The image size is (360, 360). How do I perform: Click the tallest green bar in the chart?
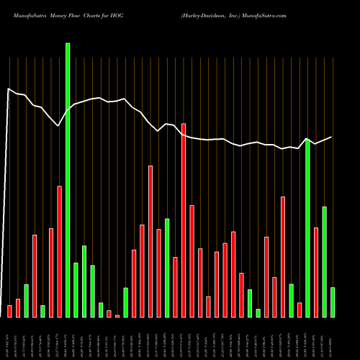(x=68, y=180)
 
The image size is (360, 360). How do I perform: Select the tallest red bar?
(x=184, y=220)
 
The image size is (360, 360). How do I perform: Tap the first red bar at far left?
(x=9, y=311)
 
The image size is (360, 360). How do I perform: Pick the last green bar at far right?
(x=333, y=302)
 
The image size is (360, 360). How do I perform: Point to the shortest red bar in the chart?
(x=117, y=315)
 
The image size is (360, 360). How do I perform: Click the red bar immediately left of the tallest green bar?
(x=59, y=251)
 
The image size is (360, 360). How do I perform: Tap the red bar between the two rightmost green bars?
(x=316, y=272)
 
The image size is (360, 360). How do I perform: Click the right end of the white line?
(x=332, y=137)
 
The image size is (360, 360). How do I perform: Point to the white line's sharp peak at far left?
(x=8, y=89)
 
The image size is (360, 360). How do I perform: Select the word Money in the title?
(x=55, y=14)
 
